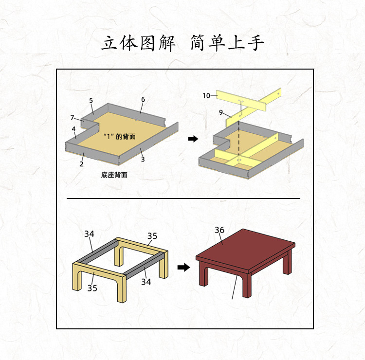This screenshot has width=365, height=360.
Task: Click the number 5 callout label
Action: (x=91, y=100)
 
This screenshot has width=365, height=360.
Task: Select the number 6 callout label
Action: (x=143, y=99)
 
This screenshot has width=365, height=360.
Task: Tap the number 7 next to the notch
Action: (x=72, y=118)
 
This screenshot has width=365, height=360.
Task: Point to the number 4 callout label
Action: (x=73, y=129)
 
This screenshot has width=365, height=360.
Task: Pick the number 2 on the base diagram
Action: (x=81, y=164)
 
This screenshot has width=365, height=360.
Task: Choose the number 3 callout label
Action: (x=143, y=159)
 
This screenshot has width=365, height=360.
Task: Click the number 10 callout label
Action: (x=206, y=96)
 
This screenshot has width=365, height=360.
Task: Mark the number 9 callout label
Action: (x=220, y=112)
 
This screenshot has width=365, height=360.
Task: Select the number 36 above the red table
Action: (x=219, y=230)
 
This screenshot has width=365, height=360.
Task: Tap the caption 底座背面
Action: (x=114, y=175)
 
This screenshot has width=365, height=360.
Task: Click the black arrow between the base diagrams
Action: (x=193, y=139)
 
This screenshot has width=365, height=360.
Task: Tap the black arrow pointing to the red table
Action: (x=183, y=267)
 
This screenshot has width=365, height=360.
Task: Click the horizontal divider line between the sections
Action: (x=183, y=198)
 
